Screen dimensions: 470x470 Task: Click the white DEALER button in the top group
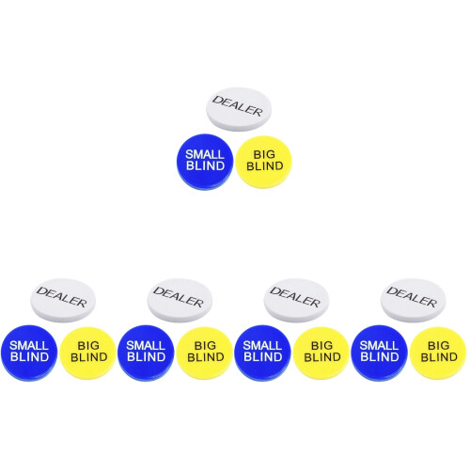click(x=239, y=109)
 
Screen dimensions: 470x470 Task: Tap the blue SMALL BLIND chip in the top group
click(x=205, y=162)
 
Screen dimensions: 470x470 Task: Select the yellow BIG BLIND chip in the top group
click(x=264, y=162)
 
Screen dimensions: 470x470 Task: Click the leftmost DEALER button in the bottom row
click(x=63, y=300)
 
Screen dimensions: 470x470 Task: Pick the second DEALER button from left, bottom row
click(x=180, y=300)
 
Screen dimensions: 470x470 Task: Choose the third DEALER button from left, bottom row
click(x=296, y=300)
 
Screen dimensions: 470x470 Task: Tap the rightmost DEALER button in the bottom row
click(x=413, y=300)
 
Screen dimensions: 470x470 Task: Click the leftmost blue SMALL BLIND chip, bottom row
click(x=29, y=352)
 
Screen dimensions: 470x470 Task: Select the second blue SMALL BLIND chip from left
click(x=146, y=352)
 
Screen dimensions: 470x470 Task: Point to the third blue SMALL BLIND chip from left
click(x=262, y=352)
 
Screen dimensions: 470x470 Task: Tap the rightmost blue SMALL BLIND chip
click(x=379, y=352)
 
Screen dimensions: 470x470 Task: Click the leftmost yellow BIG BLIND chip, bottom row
click(x=88, y=352)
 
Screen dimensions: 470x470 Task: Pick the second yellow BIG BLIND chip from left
click(x=205, y=352)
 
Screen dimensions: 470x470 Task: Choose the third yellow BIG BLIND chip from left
click(x=321, y=352)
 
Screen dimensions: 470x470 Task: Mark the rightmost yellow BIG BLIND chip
click(x=438, y=352)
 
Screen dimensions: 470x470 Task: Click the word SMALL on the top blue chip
click(x=205, y=154)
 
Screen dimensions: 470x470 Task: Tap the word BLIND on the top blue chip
click(x=206, y=165)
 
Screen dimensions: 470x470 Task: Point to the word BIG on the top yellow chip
click(x=264, y=154)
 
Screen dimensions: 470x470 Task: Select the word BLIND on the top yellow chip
click(x=265, y=165)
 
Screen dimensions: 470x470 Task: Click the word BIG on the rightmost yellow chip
click(x=439, y=345)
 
